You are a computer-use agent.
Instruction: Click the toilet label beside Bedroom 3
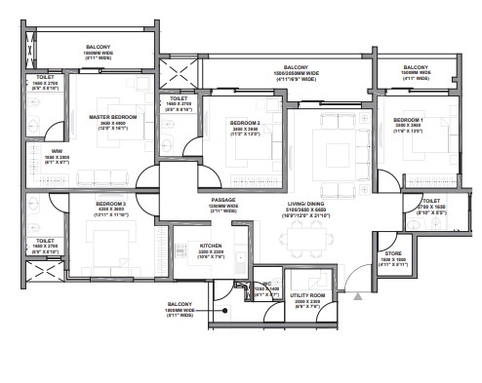(x=45, y=247)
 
